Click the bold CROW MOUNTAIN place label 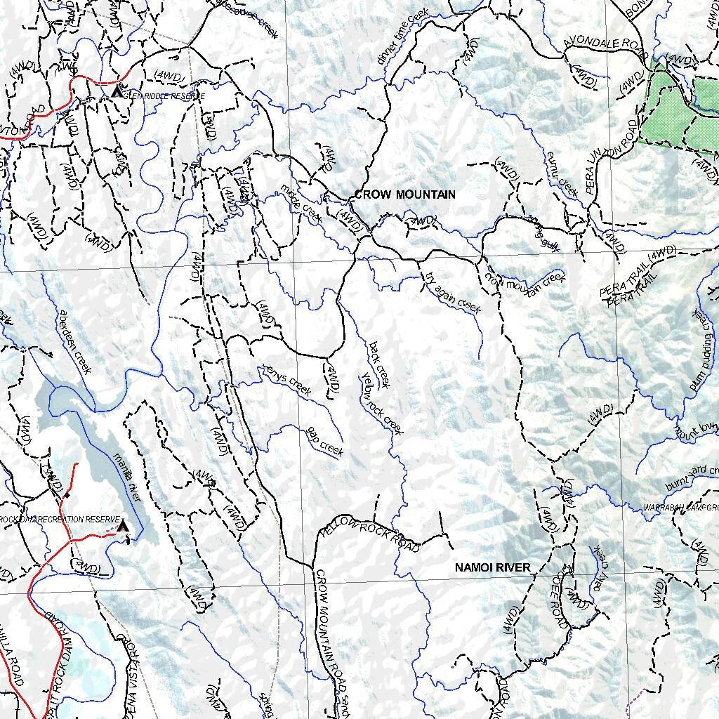coord(405,194)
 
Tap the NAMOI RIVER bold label coord(492,567)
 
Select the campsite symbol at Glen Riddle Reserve coord(117,91)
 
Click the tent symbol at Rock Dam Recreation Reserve coord(124,525)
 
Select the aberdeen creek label coord(74,342)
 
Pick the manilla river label coord(128,477)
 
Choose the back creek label coord(378,364)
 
